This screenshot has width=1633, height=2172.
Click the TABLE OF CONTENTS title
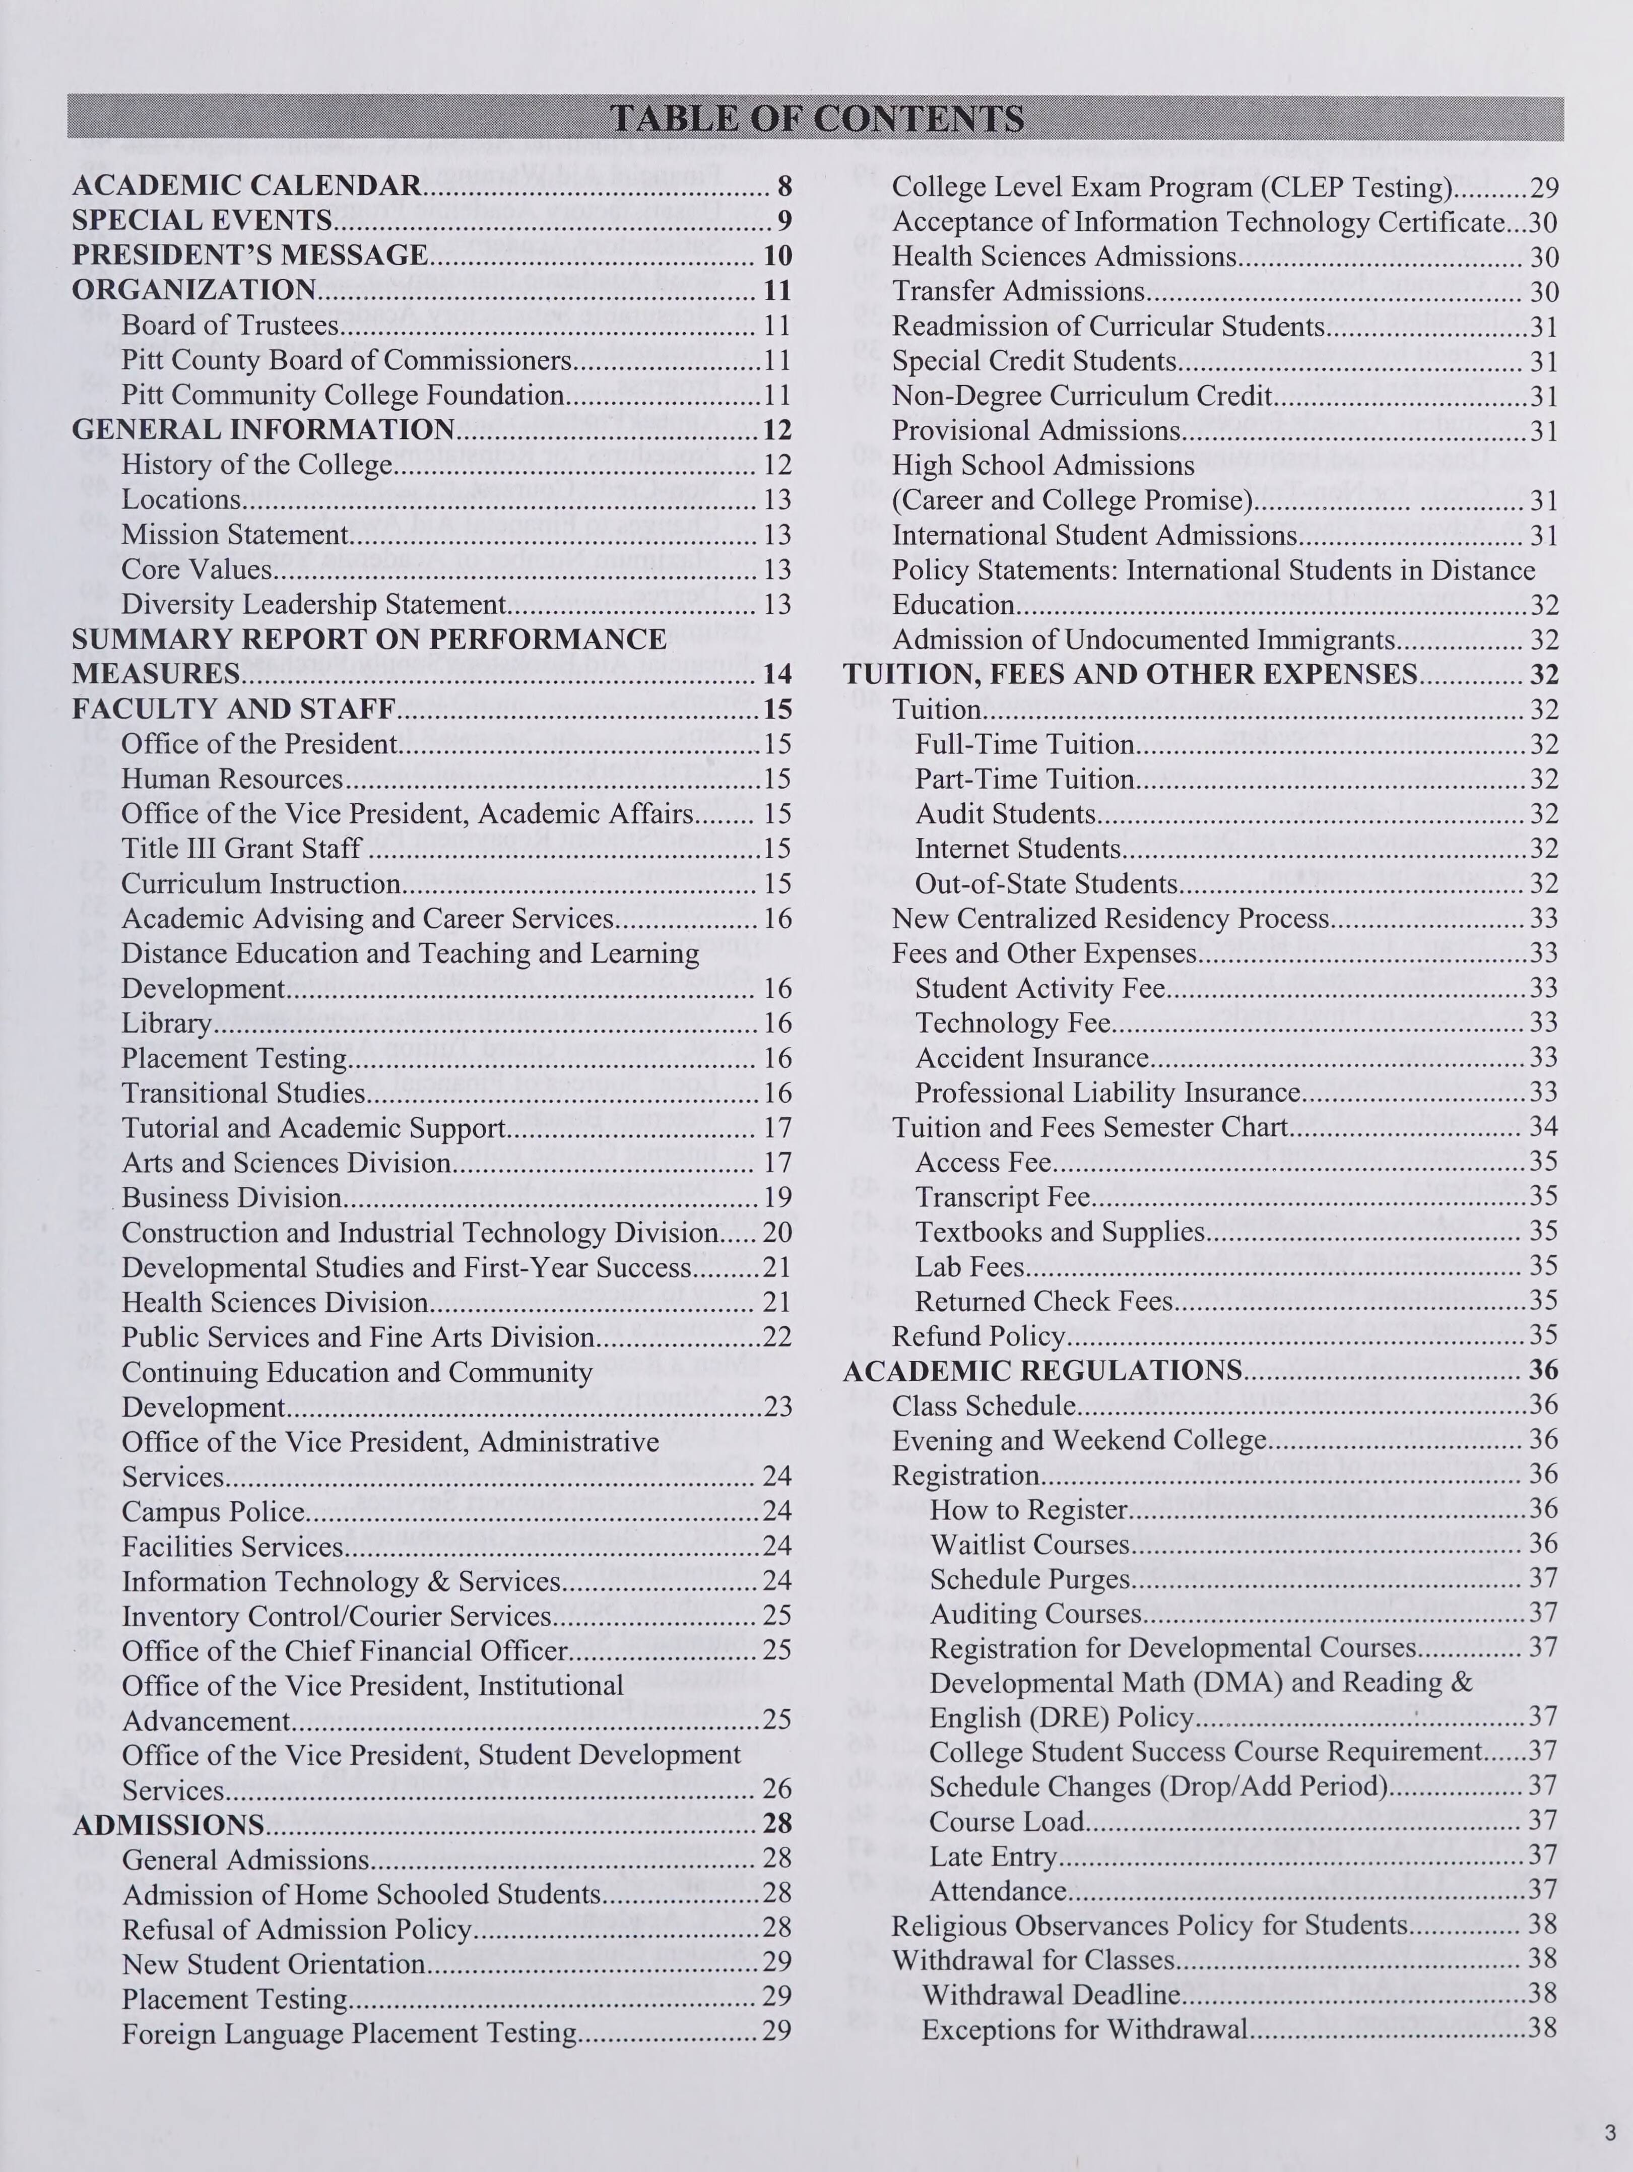pyautogui.click(x=816, y=119)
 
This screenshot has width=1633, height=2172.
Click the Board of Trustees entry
pyautogui.click(x=231, y=325)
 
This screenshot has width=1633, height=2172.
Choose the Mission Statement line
pyautogui.click(x=236, y=534)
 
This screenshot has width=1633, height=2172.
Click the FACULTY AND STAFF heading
pyautogui.click(x=234, y=709)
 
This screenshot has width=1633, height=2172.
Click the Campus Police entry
pyautogui.click(x=214, y=1511)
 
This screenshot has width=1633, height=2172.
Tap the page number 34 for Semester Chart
pyautogui.click(x=1544, y=1127)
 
